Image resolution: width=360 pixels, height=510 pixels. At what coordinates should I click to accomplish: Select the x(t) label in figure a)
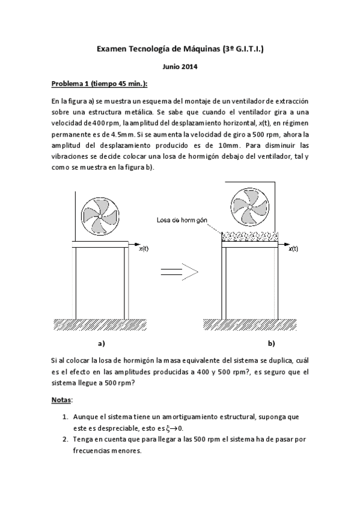click(144, 248)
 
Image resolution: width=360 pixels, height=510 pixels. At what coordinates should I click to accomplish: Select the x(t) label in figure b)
click(293, 248)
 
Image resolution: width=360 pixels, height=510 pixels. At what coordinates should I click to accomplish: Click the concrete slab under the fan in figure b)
click(249, 236)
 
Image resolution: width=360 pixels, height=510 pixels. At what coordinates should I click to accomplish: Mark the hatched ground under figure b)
click(249, 325)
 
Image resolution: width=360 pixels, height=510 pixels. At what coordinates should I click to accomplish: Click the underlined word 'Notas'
click(62, 399)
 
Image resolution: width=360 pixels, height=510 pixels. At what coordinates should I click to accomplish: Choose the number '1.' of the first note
click(65, 416)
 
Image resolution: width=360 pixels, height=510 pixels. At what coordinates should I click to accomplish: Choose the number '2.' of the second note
click(65, 440)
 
